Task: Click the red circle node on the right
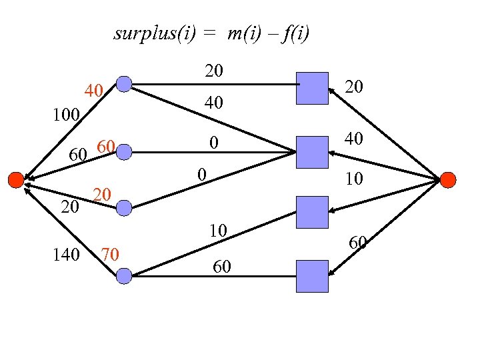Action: pos(448,179)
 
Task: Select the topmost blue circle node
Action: pos(124,84)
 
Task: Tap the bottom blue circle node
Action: pos(124,275)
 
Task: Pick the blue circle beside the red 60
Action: pos(124,153)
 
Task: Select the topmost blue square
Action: pos(312,88)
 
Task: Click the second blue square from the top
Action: pos(312,151)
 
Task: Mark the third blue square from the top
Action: pos(312,213)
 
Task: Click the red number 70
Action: pos(109,253)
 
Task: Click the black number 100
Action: pos(66,114)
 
